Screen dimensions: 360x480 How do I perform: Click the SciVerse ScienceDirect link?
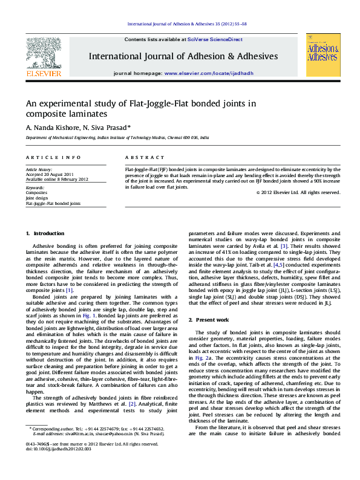(x=215, y=39)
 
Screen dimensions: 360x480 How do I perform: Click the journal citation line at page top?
(x=186, y=25)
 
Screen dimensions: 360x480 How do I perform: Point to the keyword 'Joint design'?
(x=36, y=198)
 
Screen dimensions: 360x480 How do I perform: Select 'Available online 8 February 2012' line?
(x=57, y=180)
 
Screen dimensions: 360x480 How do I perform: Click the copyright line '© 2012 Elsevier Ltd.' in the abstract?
(x=298, y=193)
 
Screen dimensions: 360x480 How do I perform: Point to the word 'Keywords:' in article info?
(x=35, y=188)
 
